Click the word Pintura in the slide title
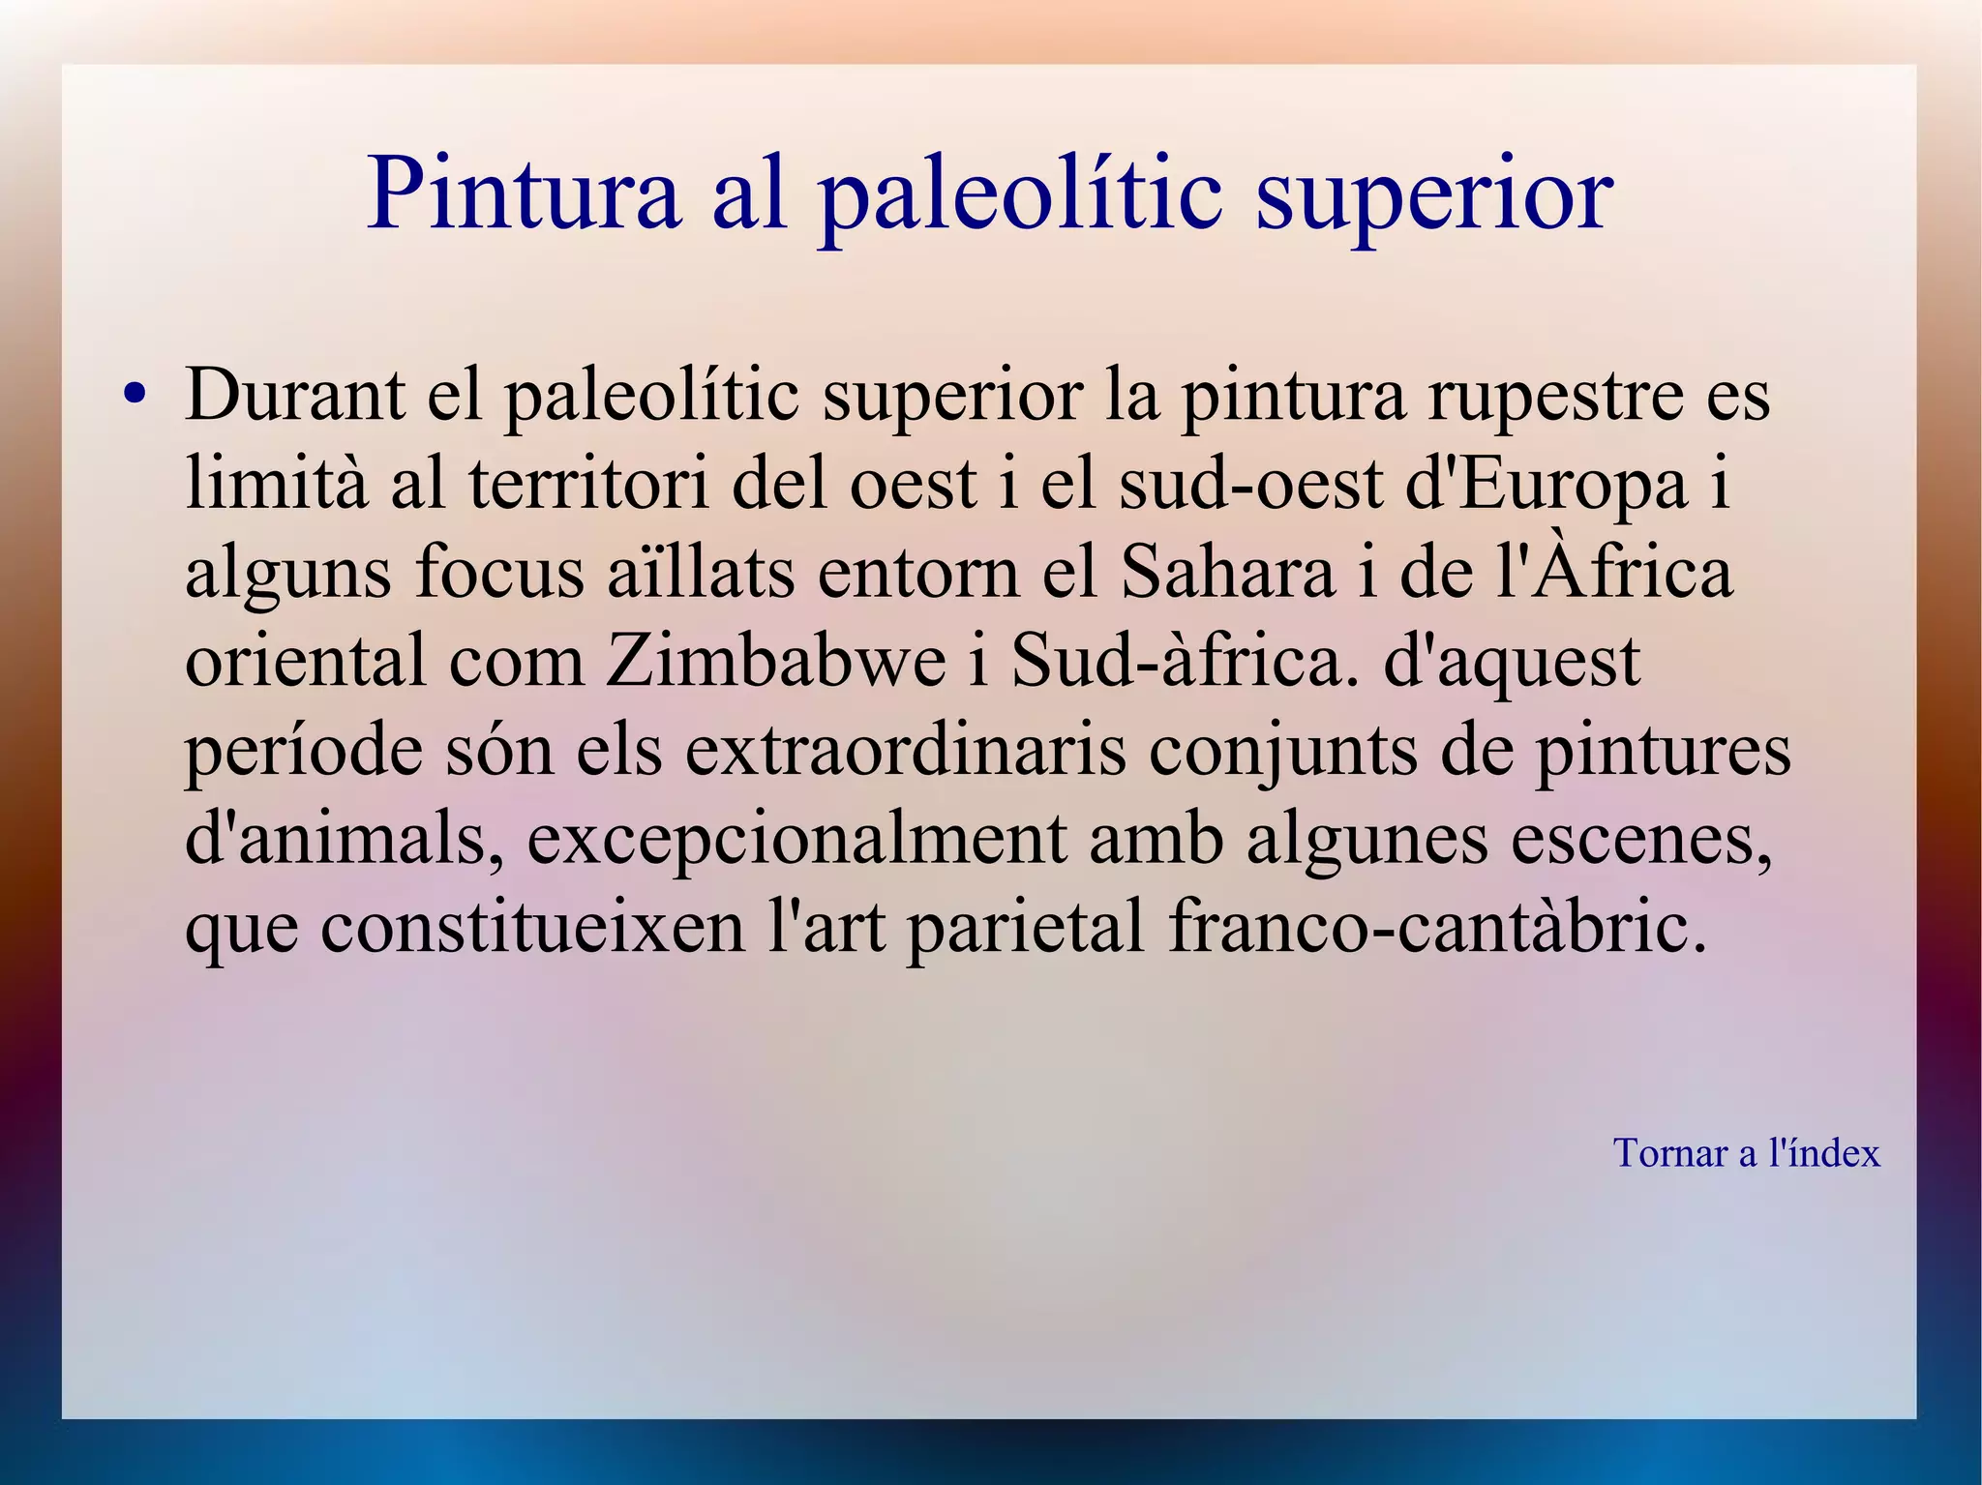pos(524,193)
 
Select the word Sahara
pos(1227,572)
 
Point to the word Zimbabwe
pos(775,662)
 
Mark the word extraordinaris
pos(906,751)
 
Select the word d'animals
pos(335,840)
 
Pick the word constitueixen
pos(532,928)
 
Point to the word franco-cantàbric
pos(1437,928)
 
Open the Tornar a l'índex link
pos(1746,1153)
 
